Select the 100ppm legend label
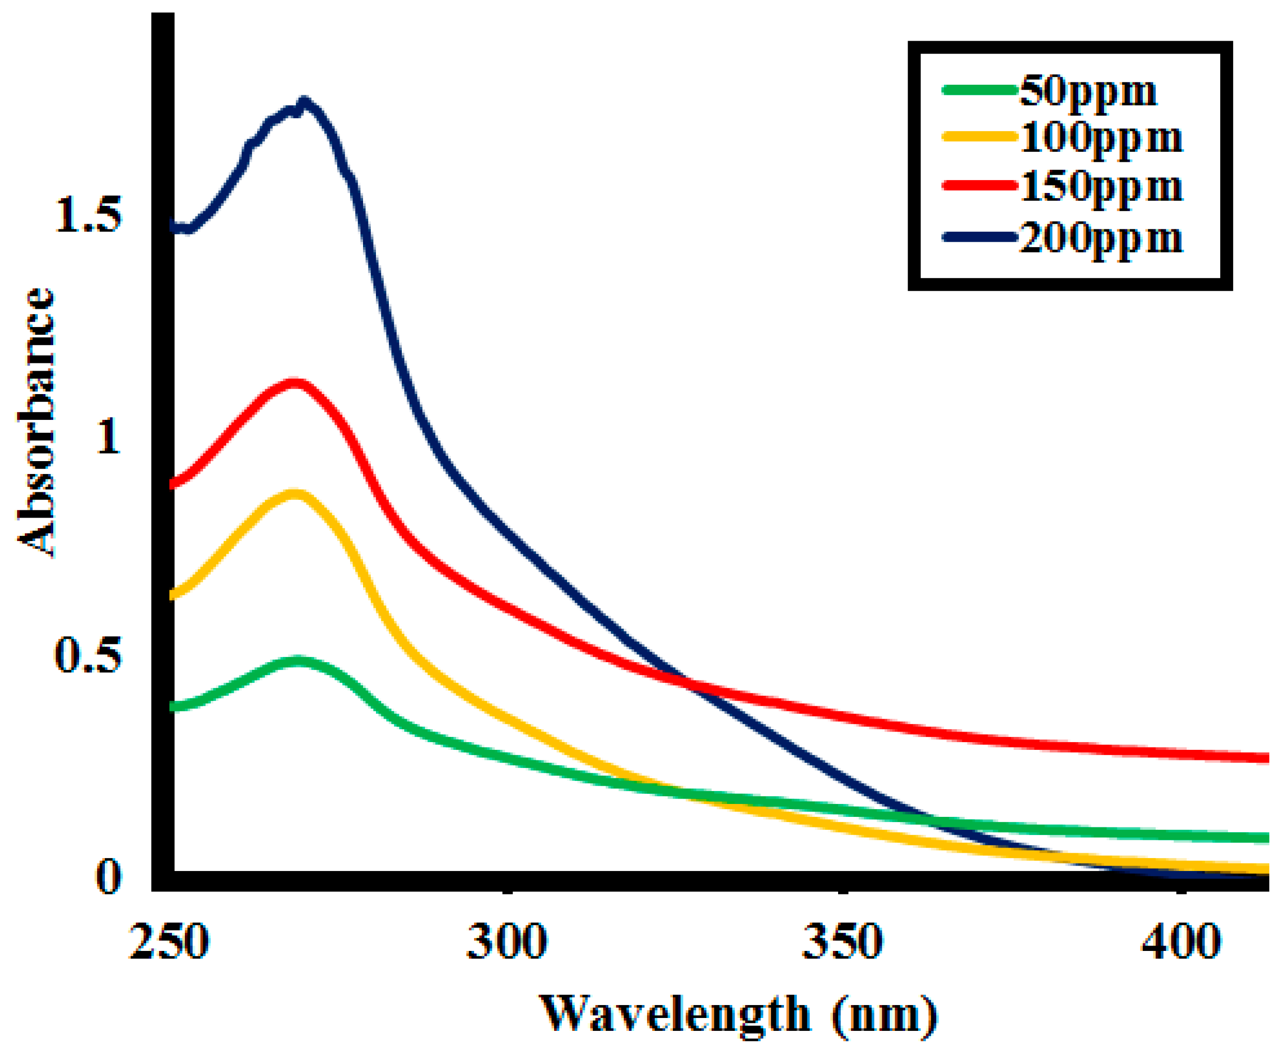(1101, 139)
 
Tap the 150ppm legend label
(1101, 187)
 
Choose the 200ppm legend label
(1101, 238)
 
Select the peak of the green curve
(298, 660)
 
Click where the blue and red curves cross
(686, 683)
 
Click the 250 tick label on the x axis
(169, 942)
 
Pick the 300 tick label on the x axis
(506, 942)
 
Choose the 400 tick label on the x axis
(1181, 942)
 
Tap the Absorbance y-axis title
(35, 422)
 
